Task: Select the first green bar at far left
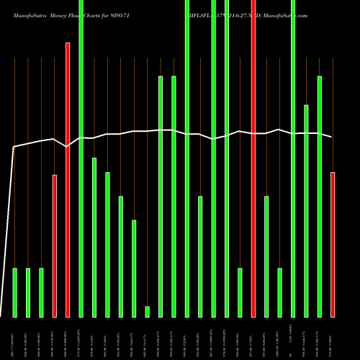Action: [14, 292]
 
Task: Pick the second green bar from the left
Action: [28, 292]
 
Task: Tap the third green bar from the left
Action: [41, 292]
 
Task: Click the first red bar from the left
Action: [54, 245]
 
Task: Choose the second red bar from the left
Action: [68, 180]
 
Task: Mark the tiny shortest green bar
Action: [147, 311]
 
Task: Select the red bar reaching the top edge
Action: [253, 158]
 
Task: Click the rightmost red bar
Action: [332, 245]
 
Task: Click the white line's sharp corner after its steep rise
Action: [14, 146]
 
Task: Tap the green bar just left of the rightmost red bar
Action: [319, 194]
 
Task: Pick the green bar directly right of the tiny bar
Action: [161, 194]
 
